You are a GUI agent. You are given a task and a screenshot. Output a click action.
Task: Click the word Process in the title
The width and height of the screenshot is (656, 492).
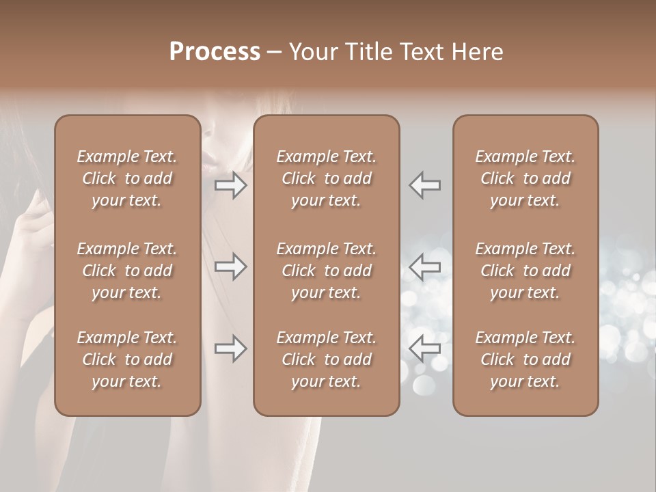point(215,51)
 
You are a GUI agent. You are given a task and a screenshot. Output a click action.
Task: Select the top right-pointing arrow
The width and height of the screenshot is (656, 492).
point(230,185)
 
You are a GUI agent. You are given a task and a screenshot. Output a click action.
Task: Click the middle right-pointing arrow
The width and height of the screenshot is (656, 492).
point(230,266)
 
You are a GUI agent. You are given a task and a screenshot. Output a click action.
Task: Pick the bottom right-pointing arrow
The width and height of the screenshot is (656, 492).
point(230,349)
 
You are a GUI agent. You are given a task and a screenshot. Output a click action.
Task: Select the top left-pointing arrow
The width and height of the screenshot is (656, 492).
point(424,185)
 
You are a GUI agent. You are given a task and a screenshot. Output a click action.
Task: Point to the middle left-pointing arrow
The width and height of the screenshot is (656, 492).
point(424,266)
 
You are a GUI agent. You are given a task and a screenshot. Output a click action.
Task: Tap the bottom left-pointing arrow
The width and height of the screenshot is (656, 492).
point(424,349)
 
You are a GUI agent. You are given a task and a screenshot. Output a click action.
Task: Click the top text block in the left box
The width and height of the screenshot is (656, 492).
point(127,178)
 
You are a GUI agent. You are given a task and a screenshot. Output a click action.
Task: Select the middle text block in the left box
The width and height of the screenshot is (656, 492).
point(127,271)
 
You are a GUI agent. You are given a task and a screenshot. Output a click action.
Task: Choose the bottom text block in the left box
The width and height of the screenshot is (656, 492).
point(127,359)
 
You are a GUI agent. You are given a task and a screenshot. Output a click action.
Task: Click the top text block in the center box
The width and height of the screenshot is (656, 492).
point(326,178)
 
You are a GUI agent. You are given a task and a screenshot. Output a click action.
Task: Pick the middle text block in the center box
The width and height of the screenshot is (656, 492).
point(326,271)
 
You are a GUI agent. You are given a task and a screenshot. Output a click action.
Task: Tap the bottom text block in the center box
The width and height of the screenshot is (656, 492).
point(326,359)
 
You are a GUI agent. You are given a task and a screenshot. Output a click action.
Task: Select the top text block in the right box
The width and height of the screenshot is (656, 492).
point(525,178)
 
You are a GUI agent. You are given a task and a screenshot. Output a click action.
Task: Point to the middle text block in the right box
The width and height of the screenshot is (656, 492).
point(525,271)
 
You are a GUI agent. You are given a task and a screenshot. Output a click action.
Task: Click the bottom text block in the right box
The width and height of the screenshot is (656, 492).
point(525,359)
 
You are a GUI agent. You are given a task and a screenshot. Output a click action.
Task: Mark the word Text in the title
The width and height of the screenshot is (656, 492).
point(423,51)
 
